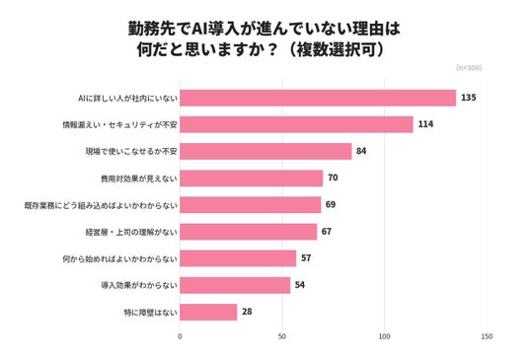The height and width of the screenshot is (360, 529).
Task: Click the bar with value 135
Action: coord(318,98)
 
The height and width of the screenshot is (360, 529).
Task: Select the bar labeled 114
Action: coord(296,124)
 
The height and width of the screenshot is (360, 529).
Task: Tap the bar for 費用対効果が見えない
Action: coord(252,179)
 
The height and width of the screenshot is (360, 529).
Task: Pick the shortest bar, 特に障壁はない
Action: coord(208,312)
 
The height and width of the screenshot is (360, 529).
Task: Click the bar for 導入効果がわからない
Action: coord(235,285)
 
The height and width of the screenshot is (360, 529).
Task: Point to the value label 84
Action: coord(361,151)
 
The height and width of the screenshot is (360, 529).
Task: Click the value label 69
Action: coord(331,204)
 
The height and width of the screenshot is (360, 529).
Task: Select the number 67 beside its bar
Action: coord(327,231)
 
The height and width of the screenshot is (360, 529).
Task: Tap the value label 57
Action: coord(306,258)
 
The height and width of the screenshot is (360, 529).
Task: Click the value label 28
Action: coord(247,312)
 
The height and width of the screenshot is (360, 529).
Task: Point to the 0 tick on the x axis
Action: coord(180,336)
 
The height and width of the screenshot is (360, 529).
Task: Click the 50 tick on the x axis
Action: coord(282,336)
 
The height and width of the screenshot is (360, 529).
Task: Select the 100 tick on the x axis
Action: coord(384,336)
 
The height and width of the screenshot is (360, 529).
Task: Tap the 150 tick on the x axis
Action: coord(487,336)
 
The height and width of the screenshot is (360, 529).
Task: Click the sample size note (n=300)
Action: coord(469,68)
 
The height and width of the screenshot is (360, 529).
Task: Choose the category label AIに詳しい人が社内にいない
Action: coord(127,99)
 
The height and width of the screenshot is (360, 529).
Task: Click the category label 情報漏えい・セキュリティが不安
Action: coord(119,125)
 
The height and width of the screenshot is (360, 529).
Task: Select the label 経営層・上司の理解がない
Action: coord(131,232)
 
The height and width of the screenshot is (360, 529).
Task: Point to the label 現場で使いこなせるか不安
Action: coord(131,152)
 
